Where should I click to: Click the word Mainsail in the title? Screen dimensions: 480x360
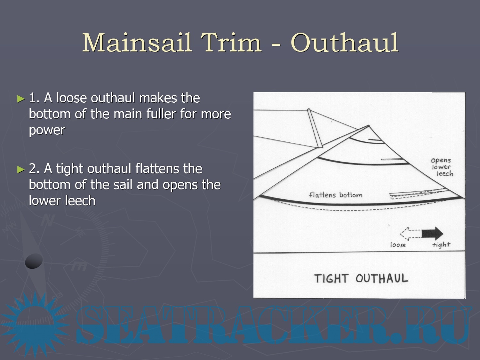(137, 43)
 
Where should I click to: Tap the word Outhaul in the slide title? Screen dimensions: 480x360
(344, 43)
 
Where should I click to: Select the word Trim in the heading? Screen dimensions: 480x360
(231, 43)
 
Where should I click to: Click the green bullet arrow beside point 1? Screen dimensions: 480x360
(21, 99)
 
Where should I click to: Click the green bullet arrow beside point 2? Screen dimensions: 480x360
(21, 169)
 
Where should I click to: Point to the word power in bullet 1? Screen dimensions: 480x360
(47, 131)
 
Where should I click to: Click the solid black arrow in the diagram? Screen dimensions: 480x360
(432, 234)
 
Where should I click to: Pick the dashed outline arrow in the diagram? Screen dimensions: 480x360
(411, 234)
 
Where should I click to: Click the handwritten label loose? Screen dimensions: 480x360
(398, 244)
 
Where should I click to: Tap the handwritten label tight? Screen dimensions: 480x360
(441, 244)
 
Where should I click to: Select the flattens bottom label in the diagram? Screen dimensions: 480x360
(335, 195)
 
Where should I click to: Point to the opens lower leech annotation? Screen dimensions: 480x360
(442, 167)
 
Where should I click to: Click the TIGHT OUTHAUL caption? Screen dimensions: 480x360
(361, 278)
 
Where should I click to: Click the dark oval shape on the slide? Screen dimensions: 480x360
(34, 261)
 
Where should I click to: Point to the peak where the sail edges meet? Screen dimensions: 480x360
(369, 125)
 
